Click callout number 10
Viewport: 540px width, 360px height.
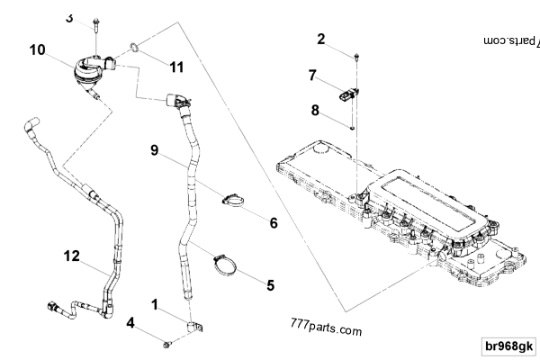coord(37,49)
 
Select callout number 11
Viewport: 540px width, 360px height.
coord(176,66)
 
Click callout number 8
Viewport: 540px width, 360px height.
coord(315,111)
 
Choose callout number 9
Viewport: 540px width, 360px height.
coord(155,152)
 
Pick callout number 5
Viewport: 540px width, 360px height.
coord(269,285)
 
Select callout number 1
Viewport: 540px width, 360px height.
coord(156,306)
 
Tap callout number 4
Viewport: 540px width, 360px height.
coord(130,322)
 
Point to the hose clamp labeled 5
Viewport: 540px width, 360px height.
coord(225,265)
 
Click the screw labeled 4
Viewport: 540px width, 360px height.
coord(168,343)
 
